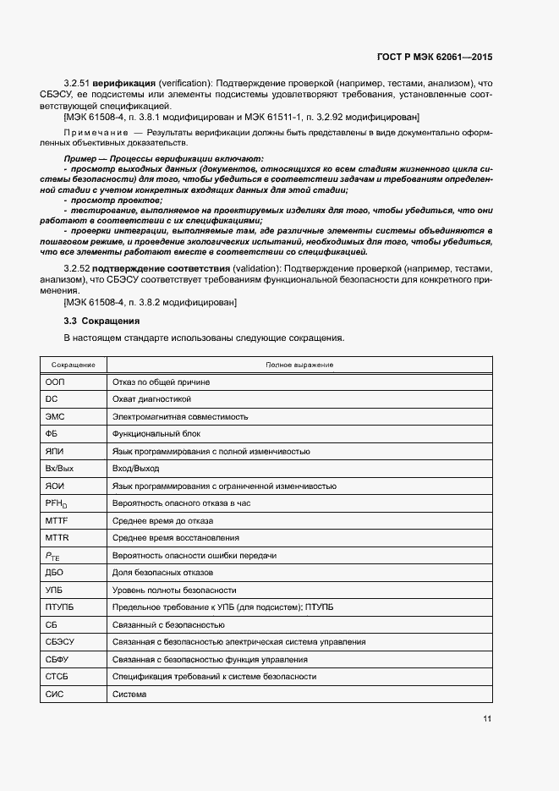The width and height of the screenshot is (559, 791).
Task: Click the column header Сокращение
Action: point(73,365)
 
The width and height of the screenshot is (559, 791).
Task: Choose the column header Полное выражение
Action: point(299,365)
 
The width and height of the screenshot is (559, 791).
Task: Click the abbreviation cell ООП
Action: point(56,382)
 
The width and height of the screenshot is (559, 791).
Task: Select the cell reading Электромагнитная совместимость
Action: point(179,417)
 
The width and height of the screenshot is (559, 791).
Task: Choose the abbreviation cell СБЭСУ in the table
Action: point(60,642)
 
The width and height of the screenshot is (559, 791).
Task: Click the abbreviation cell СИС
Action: point(55,695)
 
